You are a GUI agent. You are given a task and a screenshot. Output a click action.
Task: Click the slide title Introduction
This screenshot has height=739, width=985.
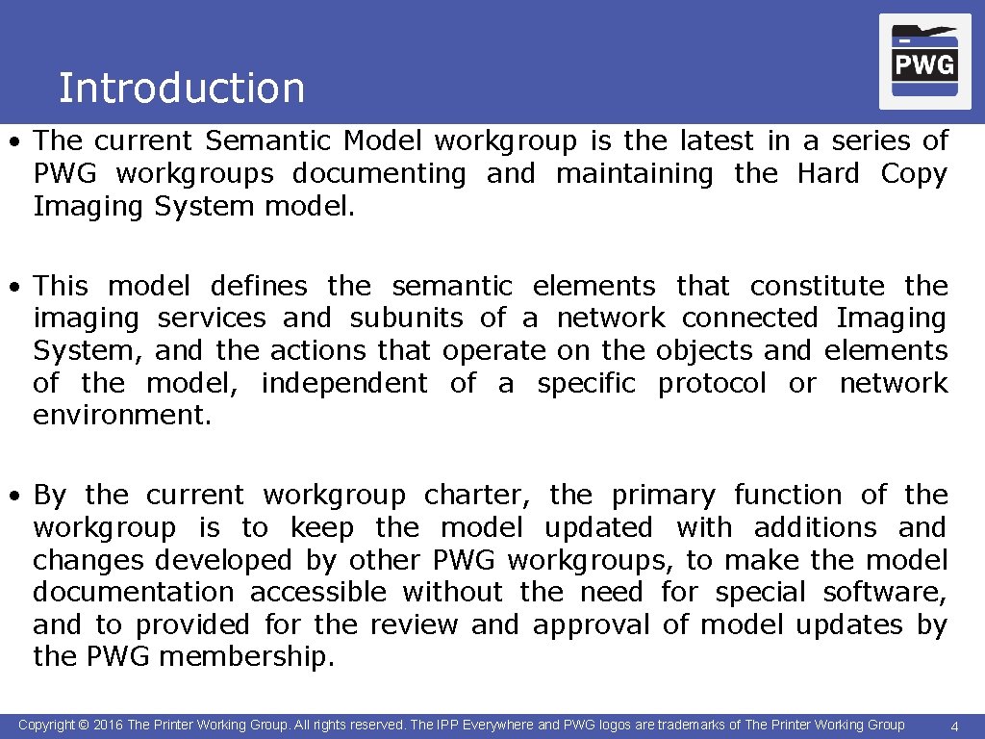181,89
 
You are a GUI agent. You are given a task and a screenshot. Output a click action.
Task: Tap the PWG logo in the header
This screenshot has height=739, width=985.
924,63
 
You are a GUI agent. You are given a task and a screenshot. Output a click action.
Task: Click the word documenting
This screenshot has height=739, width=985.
379,174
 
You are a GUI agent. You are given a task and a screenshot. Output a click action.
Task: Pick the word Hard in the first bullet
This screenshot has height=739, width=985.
828,174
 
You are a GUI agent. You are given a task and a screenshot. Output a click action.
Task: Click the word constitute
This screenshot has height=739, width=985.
818,286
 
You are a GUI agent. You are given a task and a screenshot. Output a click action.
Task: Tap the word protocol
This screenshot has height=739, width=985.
712,384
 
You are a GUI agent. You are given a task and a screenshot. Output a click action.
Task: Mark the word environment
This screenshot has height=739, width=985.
121,416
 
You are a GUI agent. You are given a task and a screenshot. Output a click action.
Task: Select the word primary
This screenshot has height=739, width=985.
664,497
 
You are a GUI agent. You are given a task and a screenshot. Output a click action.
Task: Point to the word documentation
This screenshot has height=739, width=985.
133,593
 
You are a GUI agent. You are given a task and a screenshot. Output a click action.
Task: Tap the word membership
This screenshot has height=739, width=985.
245,657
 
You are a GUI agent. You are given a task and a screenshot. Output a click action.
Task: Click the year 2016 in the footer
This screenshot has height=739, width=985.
108,725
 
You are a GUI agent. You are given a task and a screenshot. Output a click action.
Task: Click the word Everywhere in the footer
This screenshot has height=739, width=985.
498,725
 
